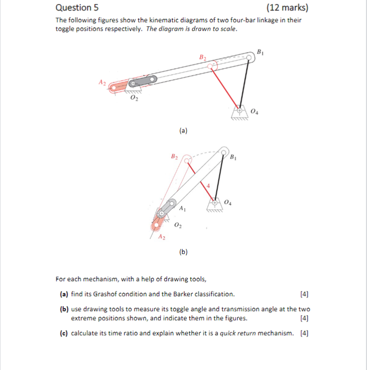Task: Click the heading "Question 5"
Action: tap(73, 8)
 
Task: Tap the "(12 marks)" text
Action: tap(287, 8)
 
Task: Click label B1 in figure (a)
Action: tap(260, 52)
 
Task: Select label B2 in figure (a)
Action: tap(203, 57)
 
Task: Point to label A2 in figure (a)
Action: tap(102, 82)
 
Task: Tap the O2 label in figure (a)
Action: tap(134, 98)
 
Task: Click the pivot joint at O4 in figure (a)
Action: tap(239, 110)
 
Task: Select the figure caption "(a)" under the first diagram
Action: tap(183, 131)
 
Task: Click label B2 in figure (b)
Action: tap(174, 156)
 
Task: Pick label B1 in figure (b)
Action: tap(234, 157)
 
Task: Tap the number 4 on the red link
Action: tap(208, 185)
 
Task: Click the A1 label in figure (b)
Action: tap(183, 208)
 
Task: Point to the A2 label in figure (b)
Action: tap(162, 237)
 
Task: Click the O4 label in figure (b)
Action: tap(228, 202)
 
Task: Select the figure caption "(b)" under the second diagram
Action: tap(183, 252)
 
